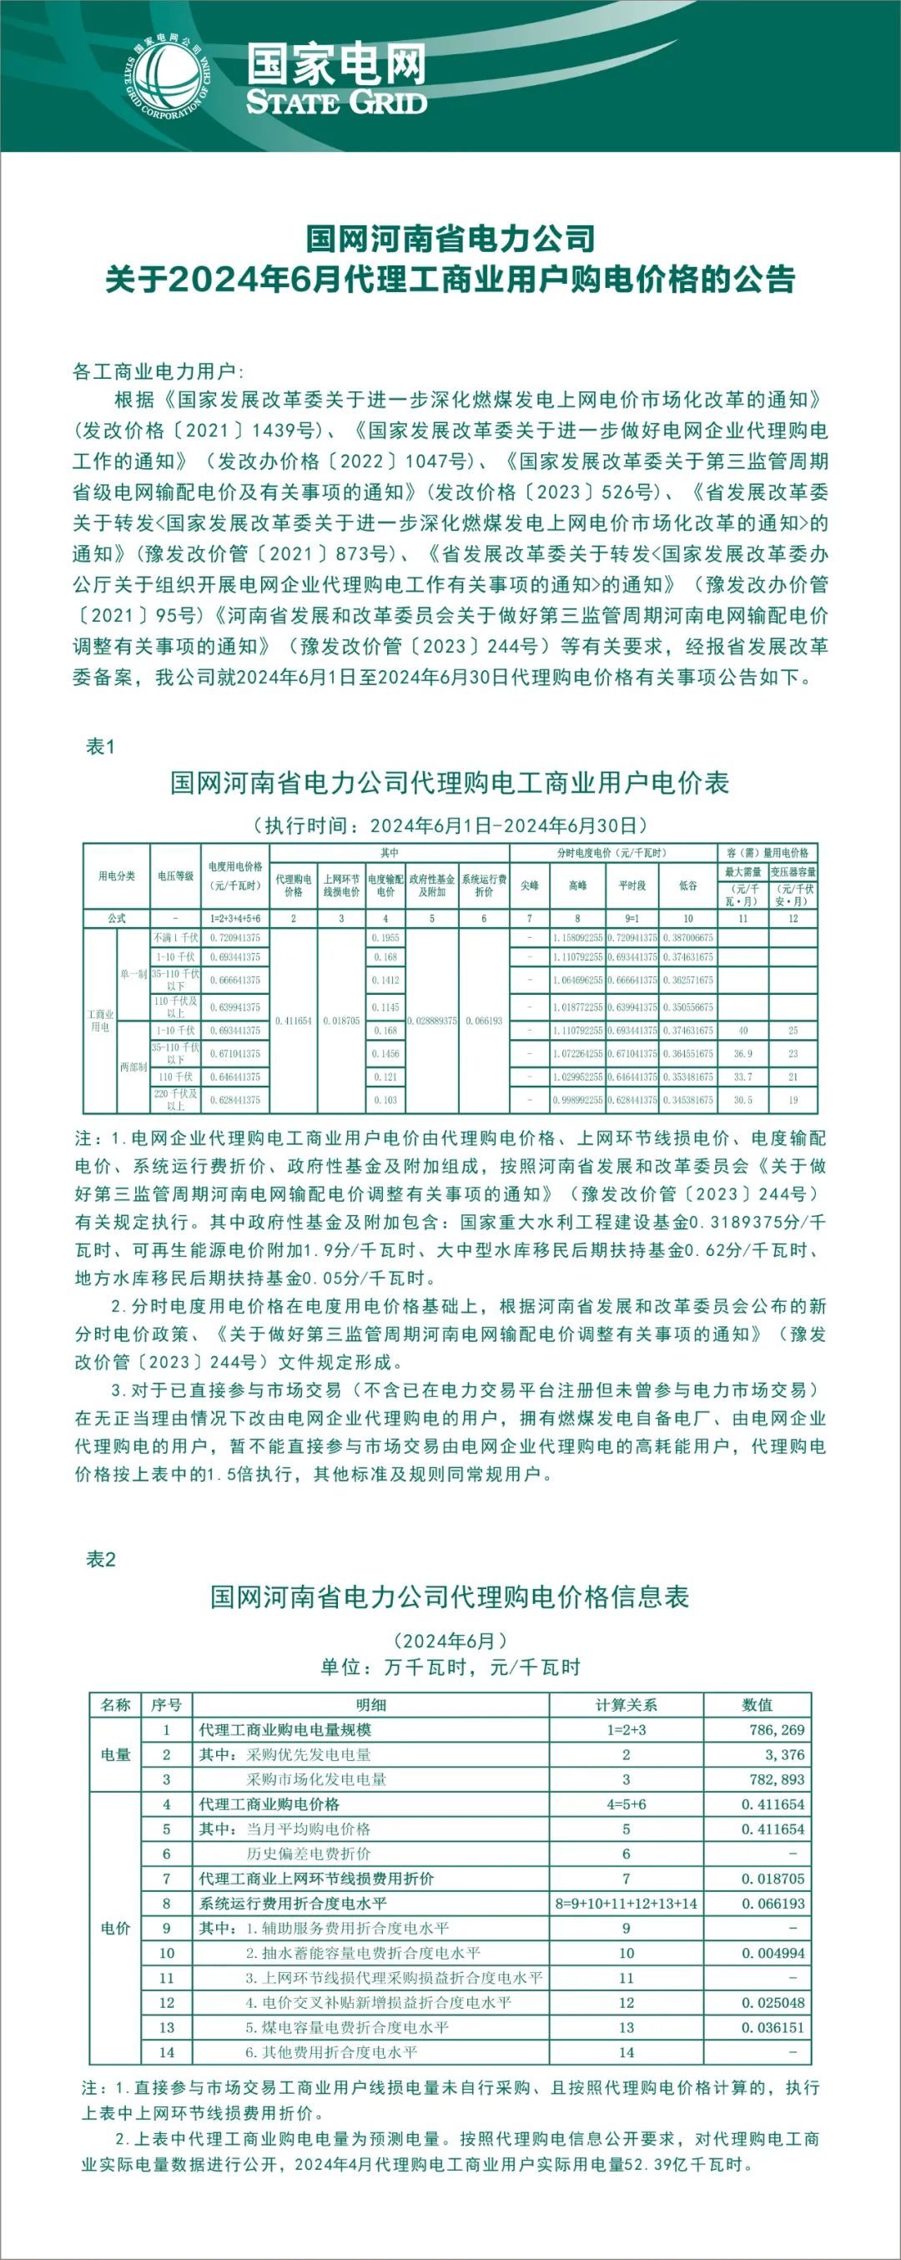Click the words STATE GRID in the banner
tap(336, 101)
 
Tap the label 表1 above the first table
tap(100, 746)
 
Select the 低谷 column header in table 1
tap(687, 886)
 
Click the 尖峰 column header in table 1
tap(529, 886)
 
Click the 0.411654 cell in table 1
tap(293, 1022)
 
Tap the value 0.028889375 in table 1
tap(431, 1022)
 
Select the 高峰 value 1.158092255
tap(577, 938)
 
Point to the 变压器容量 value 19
tap(793, 1100)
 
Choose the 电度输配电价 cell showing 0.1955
tap(385, 938)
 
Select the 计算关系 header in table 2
tap(626, 1705)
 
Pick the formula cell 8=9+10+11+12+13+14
tap(626, 1904)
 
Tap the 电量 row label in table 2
tap(115, 1754)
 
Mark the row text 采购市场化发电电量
tap(316, 1779)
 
